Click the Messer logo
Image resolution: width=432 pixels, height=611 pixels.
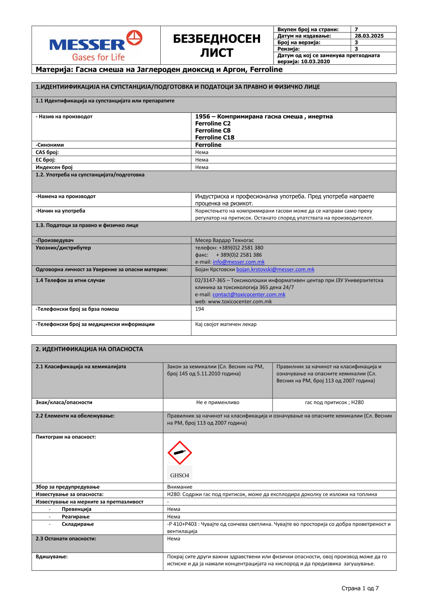coord(96,45)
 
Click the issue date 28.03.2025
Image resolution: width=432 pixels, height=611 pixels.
coord(369,36)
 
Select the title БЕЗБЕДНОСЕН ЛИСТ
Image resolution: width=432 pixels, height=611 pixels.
coord(217,45)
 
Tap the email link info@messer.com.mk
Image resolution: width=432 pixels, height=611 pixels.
coord(238,262)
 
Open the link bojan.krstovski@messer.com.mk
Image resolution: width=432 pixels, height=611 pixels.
coord(275,269)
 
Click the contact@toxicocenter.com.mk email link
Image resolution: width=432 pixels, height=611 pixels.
coord(249,294)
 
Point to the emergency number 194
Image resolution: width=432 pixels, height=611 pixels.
coord(200,309)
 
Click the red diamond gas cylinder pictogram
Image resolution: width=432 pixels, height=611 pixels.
coord(180,452)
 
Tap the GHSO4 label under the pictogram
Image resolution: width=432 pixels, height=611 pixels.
coord(180,475)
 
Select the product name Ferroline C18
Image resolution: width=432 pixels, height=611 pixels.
coord(215,137)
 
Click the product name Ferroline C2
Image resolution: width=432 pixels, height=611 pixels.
coord(213,124)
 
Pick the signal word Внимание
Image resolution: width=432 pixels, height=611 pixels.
coord(180,487)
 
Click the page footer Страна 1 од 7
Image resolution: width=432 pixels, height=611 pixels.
coord(360,588)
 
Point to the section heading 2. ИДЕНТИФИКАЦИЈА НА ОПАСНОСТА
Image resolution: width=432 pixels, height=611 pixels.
coord(89,349)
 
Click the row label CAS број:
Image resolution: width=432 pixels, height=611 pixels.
coord(47,153)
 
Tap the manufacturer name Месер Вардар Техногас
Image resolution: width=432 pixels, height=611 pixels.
coord(224,240)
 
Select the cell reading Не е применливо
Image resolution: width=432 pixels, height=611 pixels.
coord(218,402)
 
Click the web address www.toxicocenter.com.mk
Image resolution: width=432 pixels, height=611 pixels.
coord(240,302)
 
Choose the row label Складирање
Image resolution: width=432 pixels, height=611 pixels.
coord(78,524)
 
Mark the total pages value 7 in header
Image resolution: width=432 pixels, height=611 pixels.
coord(356,29)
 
